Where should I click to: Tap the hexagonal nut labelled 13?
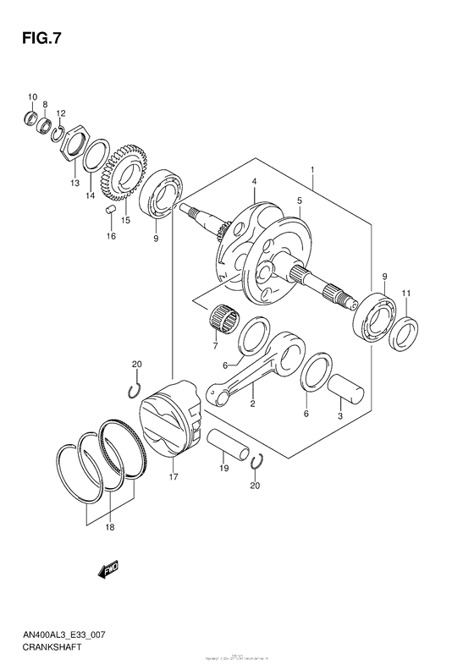pos(76,143)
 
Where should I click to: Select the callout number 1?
pos(312,170)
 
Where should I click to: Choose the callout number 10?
pos(32,96)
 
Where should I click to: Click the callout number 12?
pos(61,113)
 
